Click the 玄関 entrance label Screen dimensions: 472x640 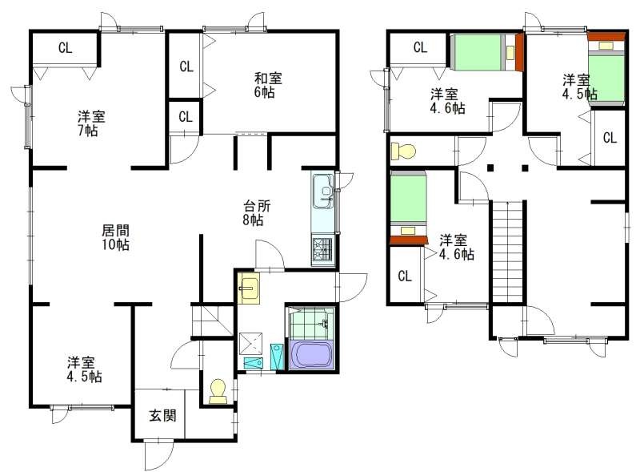tap(158, 417)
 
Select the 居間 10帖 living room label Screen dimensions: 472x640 tap(111, 236)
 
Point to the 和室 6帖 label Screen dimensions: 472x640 tap(267, 85)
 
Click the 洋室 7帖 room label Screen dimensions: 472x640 tap(90, 123)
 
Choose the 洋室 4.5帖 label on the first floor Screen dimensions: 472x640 tap(83, 369)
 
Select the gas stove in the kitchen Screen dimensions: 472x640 tap(323, 251)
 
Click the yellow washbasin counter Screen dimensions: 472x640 tap(250, 288)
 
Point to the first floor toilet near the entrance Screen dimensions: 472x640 tap(217, 390)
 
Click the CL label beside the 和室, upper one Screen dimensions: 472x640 tap(186, 67)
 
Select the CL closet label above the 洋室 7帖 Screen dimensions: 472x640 tap(65, 46)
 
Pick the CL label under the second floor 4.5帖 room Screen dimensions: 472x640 tap(609, 137)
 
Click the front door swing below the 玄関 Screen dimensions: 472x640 tap(156, 454)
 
